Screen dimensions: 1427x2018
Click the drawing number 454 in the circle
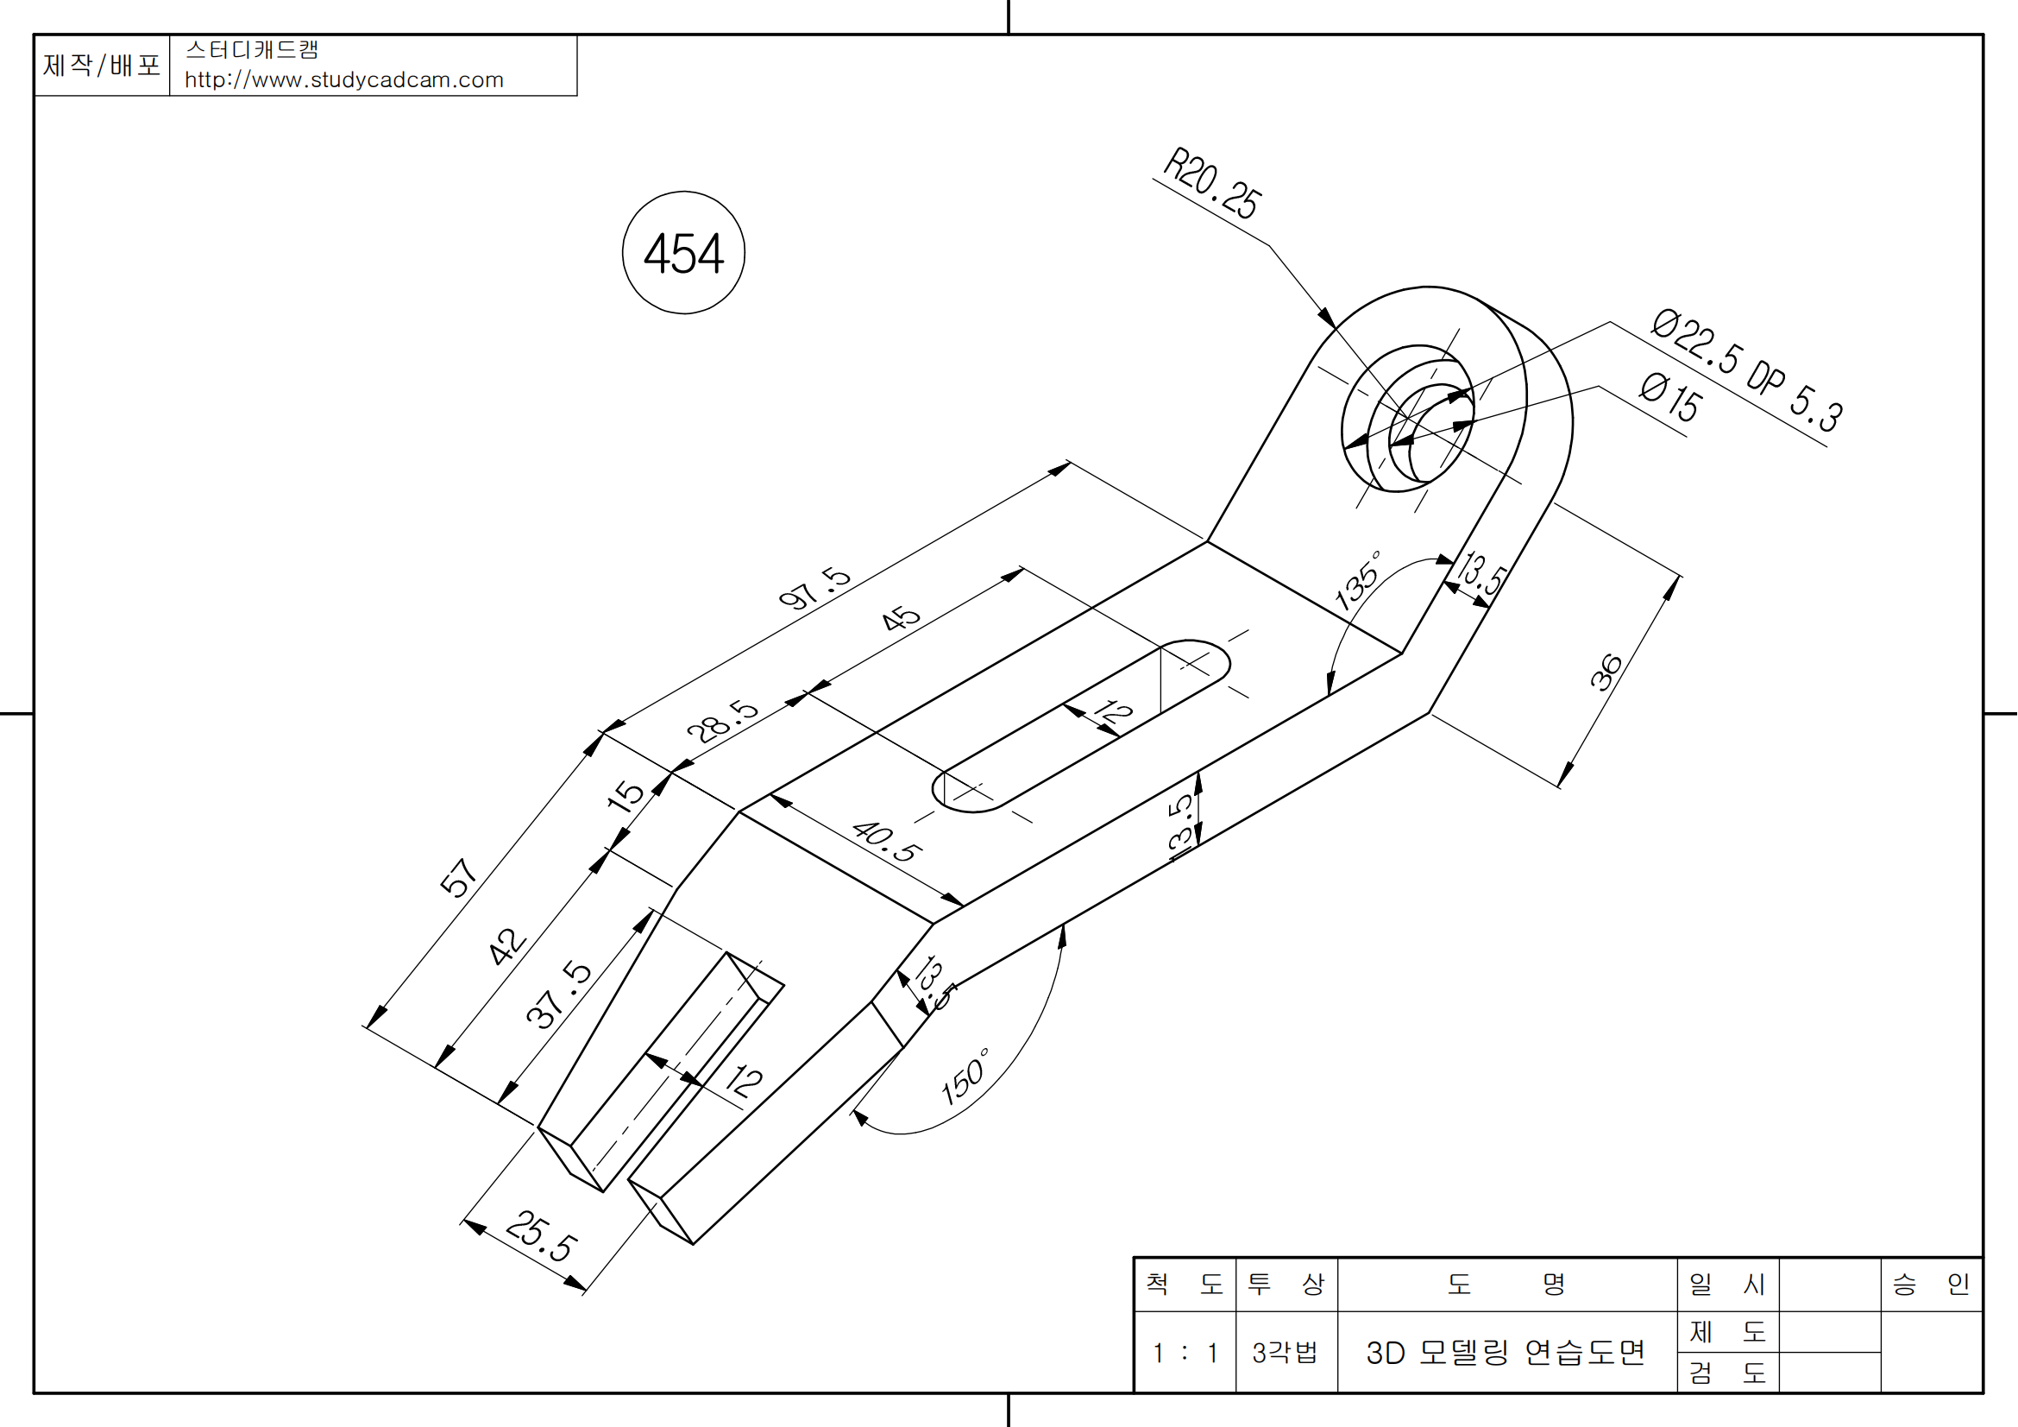coord(683,254)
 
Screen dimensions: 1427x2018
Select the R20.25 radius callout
coord(1212,184)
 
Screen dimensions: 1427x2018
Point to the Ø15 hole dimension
coord(1670,397)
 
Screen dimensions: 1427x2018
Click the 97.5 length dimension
coord(814,588)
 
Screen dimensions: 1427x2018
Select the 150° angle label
coord(965,1077)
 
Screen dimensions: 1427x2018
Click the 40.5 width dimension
coord(887,842)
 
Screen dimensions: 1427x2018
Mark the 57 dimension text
coord(458,876)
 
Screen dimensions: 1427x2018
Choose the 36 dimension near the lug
coord(1606,672)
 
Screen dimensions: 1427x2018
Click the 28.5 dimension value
coord(721,721)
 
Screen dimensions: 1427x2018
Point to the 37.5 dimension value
coord(558,994)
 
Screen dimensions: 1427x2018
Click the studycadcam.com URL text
coord(343,80)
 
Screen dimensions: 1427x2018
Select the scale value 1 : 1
coord(1185,1352)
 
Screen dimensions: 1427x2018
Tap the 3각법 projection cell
coord(1285,1352)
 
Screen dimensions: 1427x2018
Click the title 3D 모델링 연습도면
coord(1505,1352)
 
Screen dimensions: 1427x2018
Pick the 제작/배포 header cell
coord(101,65)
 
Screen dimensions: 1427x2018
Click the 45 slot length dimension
coord(901,618)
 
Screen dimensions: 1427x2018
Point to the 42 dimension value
coord(507,946)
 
